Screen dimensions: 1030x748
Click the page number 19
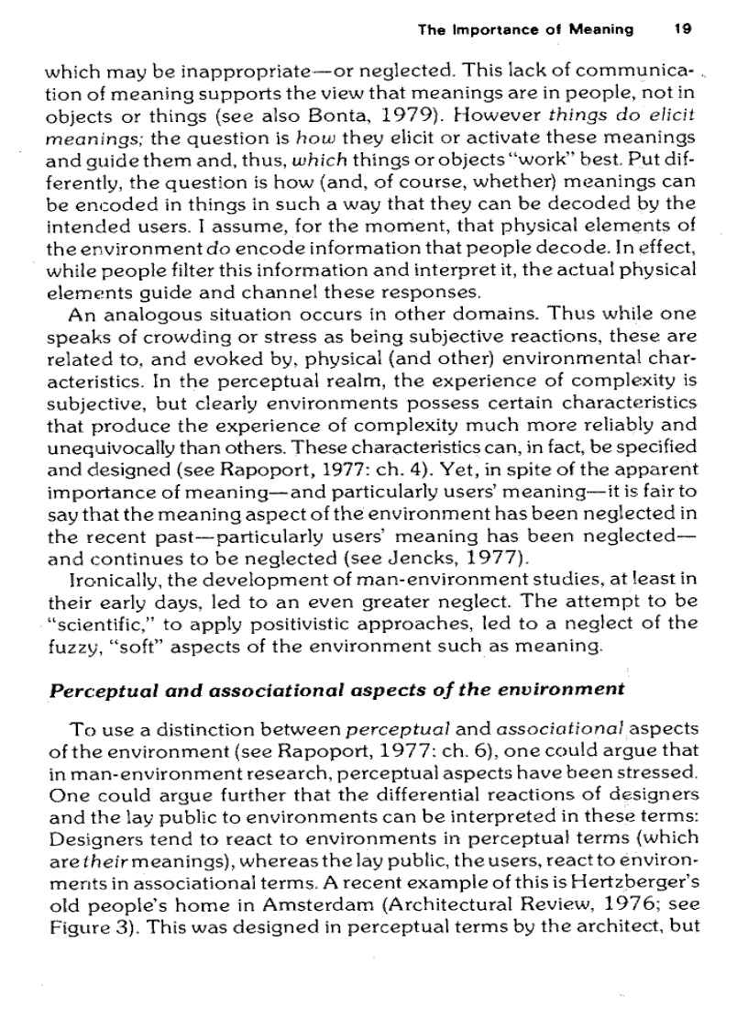pos(681,29)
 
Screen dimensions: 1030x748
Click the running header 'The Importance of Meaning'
pos(525,29)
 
